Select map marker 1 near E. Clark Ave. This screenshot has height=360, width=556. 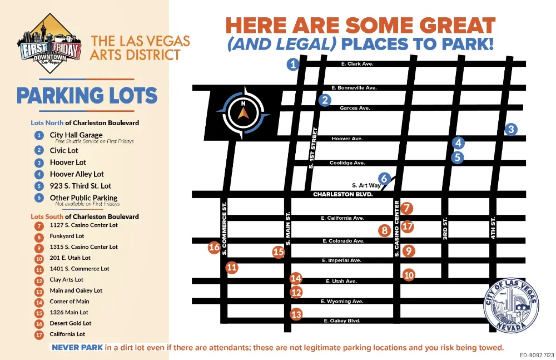[294, 65]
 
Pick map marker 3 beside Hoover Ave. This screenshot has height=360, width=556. [511, 130]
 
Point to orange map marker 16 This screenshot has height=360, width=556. [214, 248]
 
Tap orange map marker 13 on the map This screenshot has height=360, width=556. [296, 315]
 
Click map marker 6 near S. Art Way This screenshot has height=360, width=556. [384, 178]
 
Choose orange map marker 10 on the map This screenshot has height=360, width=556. [409, 274]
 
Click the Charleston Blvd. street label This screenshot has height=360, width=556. [342, 195]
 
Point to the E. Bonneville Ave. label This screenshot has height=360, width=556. [354, 88]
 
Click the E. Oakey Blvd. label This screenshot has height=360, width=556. [342, 321]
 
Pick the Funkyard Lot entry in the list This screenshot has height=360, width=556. [67, 236]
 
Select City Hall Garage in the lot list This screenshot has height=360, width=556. [76, 135]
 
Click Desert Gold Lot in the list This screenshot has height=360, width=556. [70, 323]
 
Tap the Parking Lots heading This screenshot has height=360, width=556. [87, 96]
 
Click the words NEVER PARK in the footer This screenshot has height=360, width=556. [77, 347]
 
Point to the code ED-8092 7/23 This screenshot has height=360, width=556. [537, 355]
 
